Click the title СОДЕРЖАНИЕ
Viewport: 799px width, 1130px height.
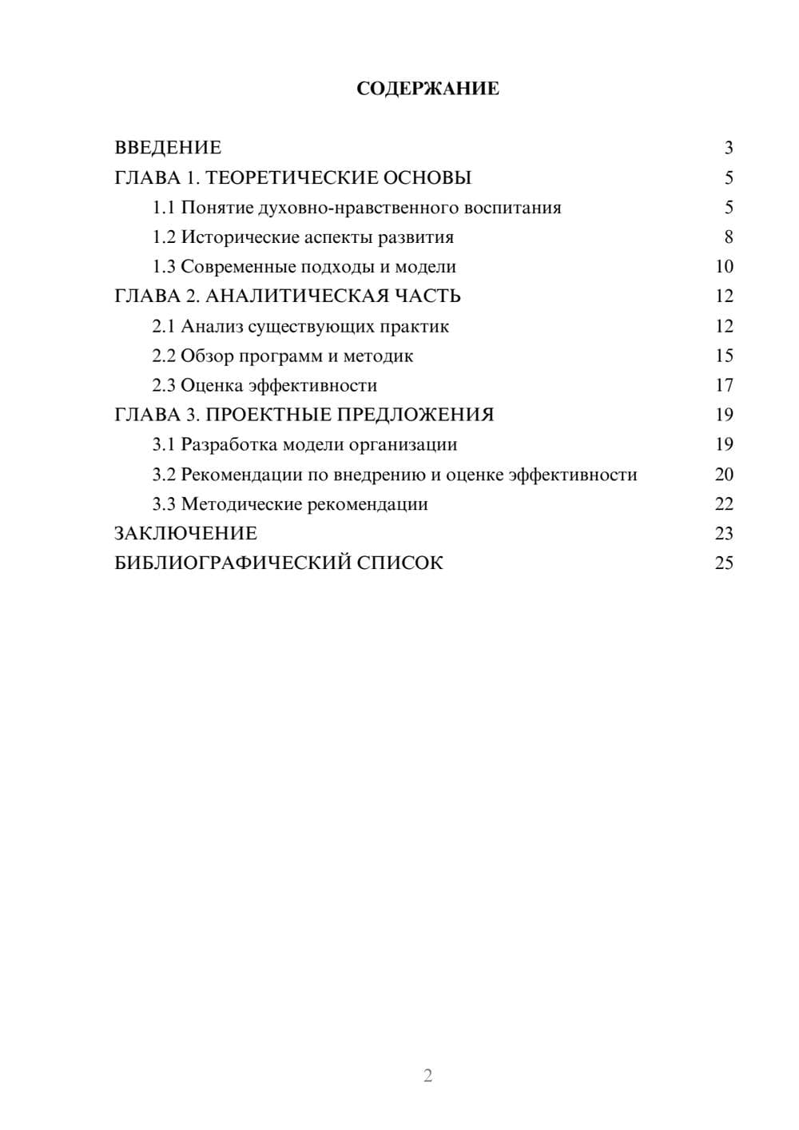tap(427, 89)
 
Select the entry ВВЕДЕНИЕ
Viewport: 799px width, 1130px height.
tap(168, 148)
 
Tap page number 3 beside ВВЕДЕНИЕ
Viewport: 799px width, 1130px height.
tap(729, 148)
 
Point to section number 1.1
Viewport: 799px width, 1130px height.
tap(164, 208)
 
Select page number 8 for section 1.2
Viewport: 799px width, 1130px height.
tap(729, 237)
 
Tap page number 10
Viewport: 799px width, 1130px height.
tap(724, 267)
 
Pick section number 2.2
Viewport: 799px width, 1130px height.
tap(164, 356)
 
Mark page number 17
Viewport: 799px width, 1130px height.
tap(724, 385)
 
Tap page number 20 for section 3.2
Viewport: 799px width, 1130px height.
tap(724, 475)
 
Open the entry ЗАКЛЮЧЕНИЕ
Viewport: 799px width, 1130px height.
tap(185, 533)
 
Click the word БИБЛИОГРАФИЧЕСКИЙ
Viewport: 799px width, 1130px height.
tap(233, 563)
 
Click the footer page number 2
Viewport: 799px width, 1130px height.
tap(427, 1076)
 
